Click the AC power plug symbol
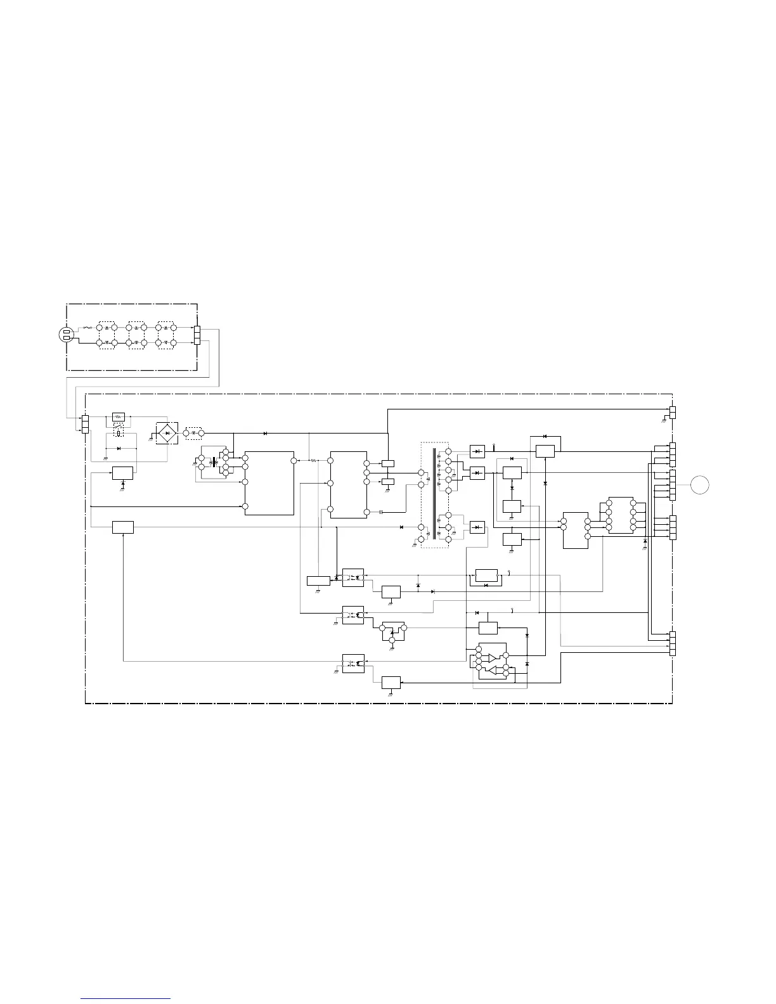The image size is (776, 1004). point(67,334)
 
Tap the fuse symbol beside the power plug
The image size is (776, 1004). point(89,328)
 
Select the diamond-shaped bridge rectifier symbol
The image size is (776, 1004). point(167,433)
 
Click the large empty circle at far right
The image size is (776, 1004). point(700,485)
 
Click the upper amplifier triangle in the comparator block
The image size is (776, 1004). point(493,658)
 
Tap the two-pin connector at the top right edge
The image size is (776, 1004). point(672,411)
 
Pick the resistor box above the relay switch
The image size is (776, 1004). point(119,416)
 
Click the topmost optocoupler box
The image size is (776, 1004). point(353,577)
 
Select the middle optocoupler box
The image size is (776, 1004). point(353,614)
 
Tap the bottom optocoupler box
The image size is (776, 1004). point(353,663)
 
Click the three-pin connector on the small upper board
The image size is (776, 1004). point(197,334)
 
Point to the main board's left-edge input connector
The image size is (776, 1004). point(85,423)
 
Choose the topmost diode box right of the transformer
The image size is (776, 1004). point(477,451)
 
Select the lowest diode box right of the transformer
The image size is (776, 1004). point(477,527)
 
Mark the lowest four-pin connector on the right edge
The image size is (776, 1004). point(672,644)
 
